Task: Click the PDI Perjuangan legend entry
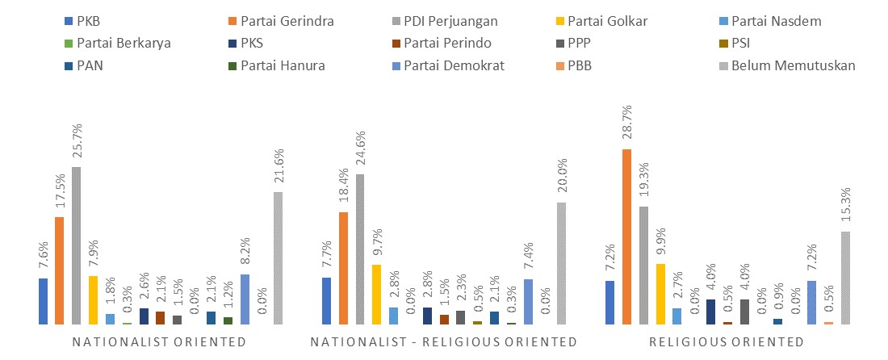point(450,20)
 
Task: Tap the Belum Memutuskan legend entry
point(794,65)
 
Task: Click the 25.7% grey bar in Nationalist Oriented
point(77,245)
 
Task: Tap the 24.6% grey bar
point(360,249)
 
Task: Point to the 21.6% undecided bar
point(279,258)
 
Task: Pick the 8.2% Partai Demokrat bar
point(245,299)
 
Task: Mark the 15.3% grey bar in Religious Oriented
point(845,278)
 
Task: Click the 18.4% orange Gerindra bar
point(343,268)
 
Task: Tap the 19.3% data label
point(643,183)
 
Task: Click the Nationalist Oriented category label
point(159,342)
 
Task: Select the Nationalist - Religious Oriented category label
point(444,342)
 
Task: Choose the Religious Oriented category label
point(727,342)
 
